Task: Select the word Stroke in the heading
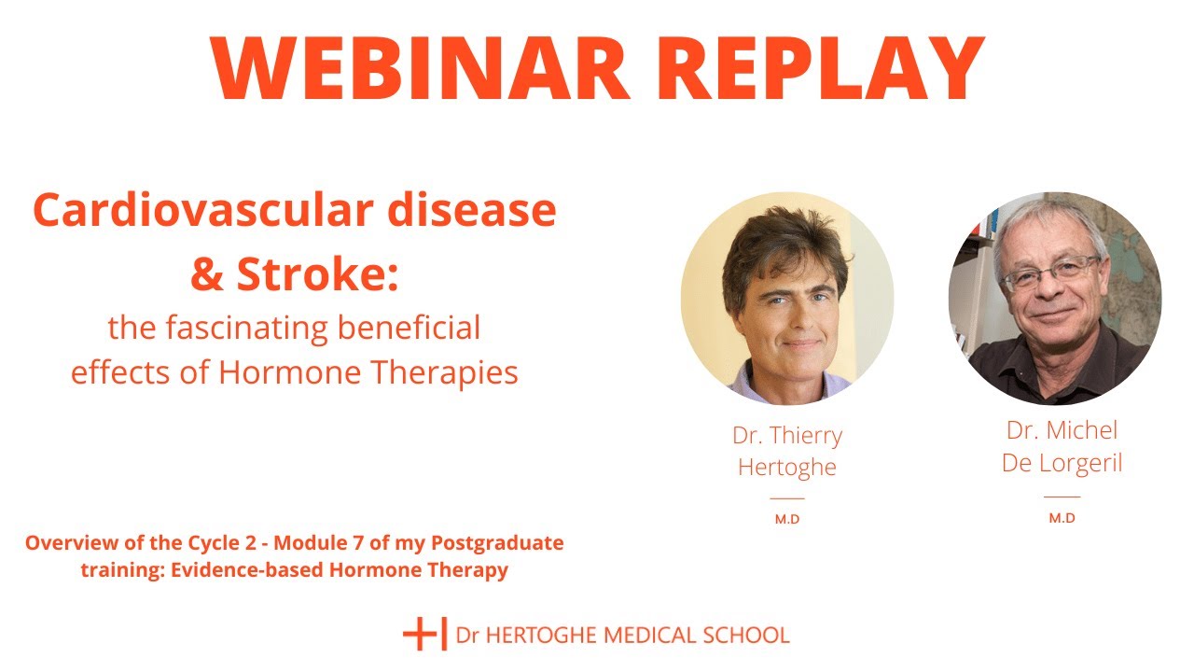click(316, 275)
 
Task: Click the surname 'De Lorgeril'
click(1062, 463)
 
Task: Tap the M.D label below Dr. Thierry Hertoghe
click(786, 520)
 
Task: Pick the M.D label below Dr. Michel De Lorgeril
click(1062, 518)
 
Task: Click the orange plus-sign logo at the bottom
click(424, 634)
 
